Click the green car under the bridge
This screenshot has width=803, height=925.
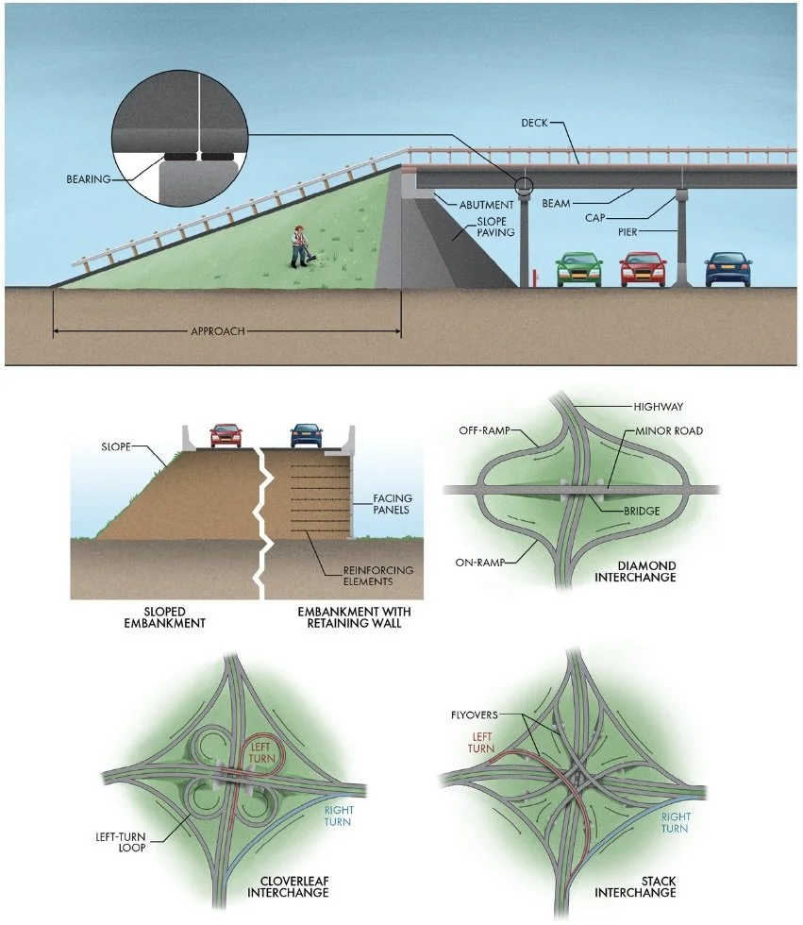pos(579,269)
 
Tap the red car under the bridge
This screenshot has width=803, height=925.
pos(643,269)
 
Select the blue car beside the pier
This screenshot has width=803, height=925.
pos(728,268)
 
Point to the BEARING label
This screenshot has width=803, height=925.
pos(89,178)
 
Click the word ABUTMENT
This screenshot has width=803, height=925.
pos(487,204)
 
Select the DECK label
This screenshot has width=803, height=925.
pos(536,123)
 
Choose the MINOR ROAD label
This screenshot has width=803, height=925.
pos(669,431)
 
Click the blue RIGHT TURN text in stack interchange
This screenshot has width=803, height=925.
pos(675,823)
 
